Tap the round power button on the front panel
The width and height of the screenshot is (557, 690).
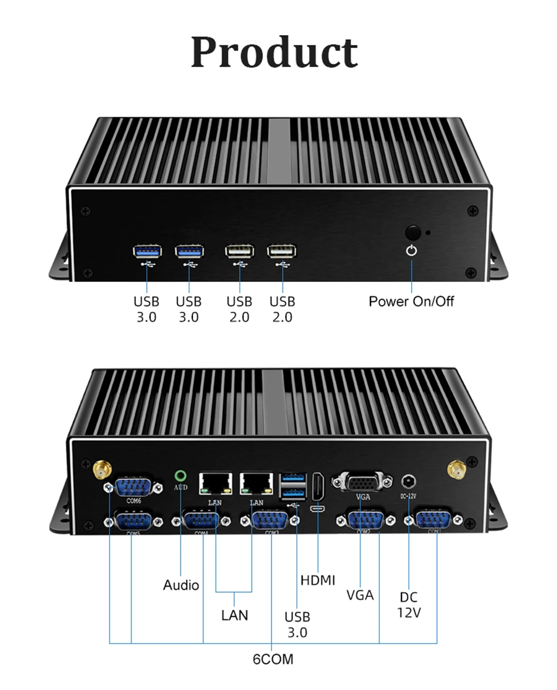(x=412, y=232)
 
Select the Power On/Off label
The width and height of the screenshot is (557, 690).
(x=411, y=301)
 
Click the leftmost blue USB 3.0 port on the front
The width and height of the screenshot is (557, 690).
(x=146, y=251)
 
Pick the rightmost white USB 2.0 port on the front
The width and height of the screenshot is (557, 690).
(x=282, y=251)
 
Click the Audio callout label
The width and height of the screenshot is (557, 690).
(x=181, y=585)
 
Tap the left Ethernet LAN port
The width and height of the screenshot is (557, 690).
(x=216, y=482)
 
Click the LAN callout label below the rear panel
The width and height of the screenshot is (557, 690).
(x=235, y=615)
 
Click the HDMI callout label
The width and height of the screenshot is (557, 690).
(x=318, y=580)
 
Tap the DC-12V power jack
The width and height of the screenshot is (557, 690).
(x=409, y=482)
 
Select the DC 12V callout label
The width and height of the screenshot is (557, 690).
(x=409, y=605)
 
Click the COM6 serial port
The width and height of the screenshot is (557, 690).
(x=134, y=488)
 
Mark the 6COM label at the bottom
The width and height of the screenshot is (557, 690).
(x=273, y=659)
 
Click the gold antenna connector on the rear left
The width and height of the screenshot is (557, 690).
(x=103, y=468)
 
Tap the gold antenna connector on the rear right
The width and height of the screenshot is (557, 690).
(x=456, y=468)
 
